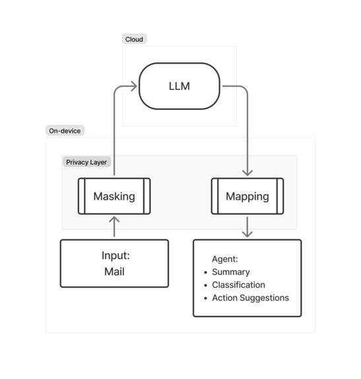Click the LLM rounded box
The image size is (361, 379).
pyautogui.click(x=179, y=86)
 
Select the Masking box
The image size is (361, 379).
pyautogui.click(x=114, y=196)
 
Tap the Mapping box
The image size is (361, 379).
pyautogui.click(x=247, y=196)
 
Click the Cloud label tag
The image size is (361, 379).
pyautogui.click(x=134, y=39)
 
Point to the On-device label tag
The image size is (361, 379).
pyautogui.click(x=65, y=131)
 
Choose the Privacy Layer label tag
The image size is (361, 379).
pyautogui.click(x=86, y=161)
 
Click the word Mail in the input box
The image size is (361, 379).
pyautogui.click(x=114, y=271)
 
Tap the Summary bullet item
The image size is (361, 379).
pyautogui.click(x=231, y=272)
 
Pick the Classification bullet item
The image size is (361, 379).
pyautogui.click(x=238, y=285)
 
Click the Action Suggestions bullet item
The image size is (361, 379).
pyautogui.click(x=250, y=298)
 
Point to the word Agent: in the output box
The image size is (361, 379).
pyautogui.click(x=224, y=259)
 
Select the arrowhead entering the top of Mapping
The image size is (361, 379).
pyautogui.click(x=247, y=172)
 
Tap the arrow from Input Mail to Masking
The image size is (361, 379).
pyautogui.click(x=114, y=227)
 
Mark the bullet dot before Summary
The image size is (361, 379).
pyautogui.click(x=205, y=273)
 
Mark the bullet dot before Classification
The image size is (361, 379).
pyautogui.click(x=205, y=286)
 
